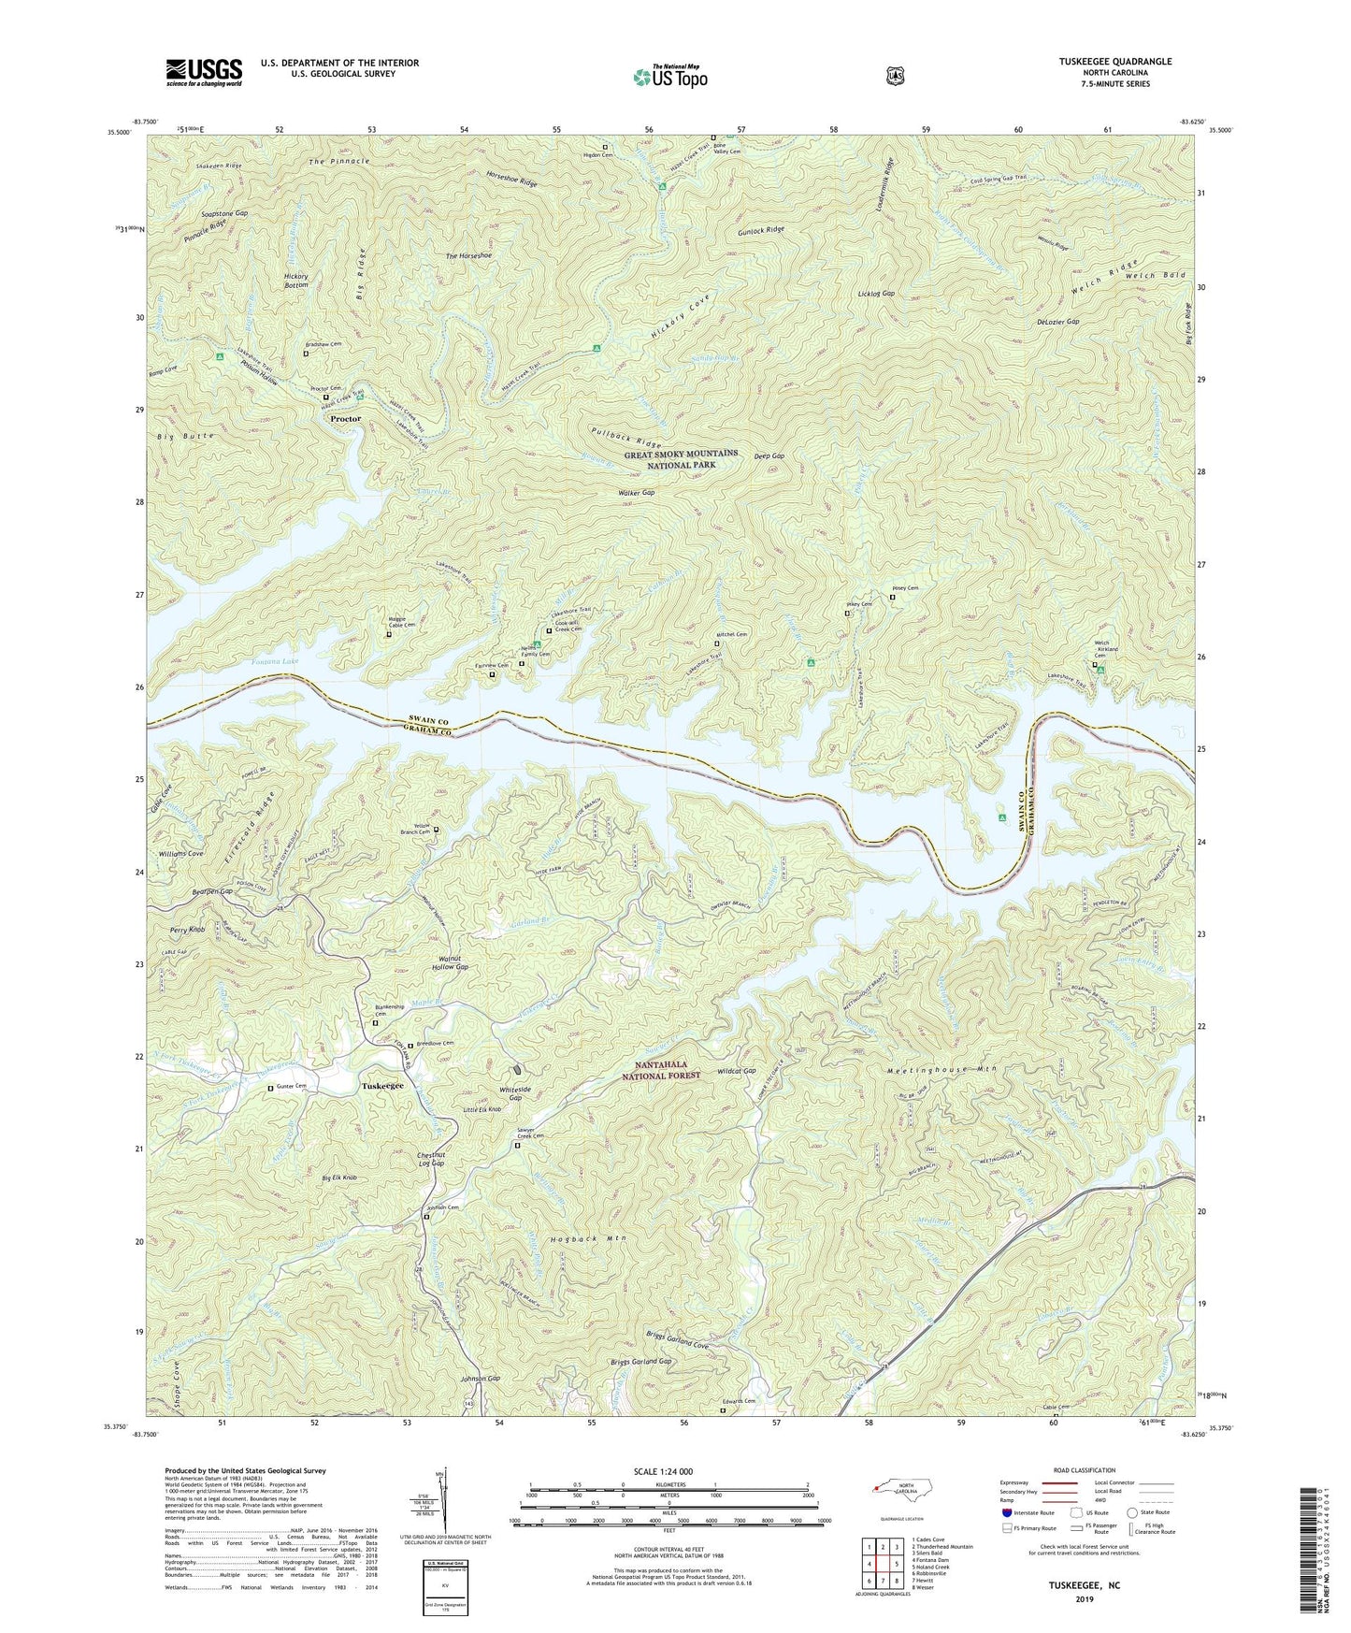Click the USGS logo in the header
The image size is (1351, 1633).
pos(204,72)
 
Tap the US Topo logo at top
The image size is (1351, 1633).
pos(669,77)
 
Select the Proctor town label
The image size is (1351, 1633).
pos(345,419)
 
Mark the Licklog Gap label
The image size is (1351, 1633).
pos(876,294)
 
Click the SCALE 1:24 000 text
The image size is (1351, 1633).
pos(666,1471)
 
